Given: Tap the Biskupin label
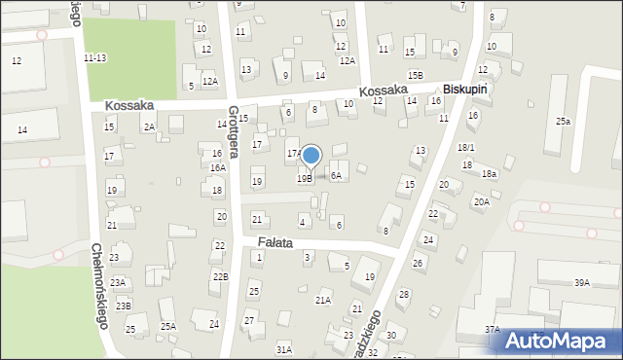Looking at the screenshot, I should coord(464,89).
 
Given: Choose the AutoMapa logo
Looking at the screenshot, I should coord(568,341).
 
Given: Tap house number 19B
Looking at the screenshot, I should coord(305,178).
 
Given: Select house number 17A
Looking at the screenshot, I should coord(292,154).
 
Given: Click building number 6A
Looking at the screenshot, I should coord(336,175).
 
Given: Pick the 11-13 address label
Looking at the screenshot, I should coord(95,58).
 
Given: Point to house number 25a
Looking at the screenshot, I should coord(563,121).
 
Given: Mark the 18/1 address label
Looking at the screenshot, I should coord(466,147).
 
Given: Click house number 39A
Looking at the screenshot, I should coord(582,282).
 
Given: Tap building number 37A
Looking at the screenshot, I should coord(493,330).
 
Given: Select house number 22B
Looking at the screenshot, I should coord(221,277).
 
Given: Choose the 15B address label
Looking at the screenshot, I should coord(416,75).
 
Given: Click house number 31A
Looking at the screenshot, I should coord(283,348).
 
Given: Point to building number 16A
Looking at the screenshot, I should coord(218,167).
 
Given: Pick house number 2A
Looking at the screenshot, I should coord(149,126).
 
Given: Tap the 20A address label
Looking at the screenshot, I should coord(481,201).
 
